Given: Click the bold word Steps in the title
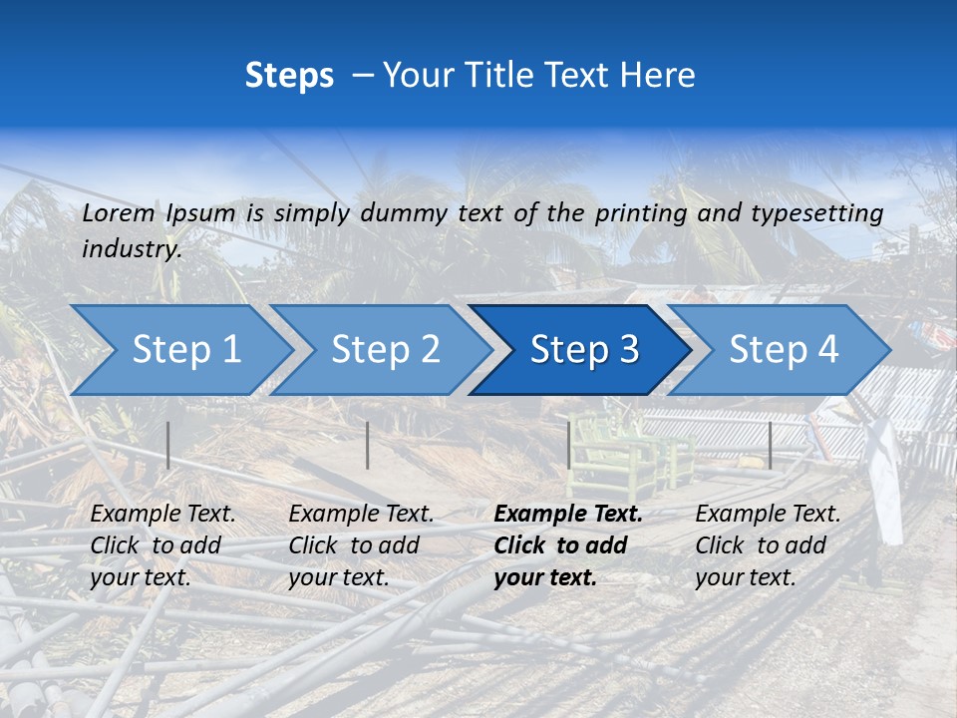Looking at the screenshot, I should click(x=289, y=76).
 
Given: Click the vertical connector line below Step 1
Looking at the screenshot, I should click(x=168, y=445).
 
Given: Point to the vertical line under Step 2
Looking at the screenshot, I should click(x=368, y=445).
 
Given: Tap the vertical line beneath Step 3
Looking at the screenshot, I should click(x=569, y=445).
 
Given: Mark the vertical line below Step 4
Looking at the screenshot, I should click(x=770, y=445).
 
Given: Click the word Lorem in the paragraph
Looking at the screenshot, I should click(x=119, y=213).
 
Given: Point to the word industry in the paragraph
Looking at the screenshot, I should click(x=132, y=249).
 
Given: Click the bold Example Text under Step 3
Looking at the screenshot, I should click(x=568, y=515).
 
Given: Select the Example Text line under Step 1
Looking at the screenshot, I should click(x=162, y=515).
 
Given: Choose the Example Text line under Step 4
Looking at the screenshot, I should click(x=768, y=515).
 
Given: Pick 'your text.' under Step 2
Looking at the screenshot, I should click(x=339, y=577).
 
